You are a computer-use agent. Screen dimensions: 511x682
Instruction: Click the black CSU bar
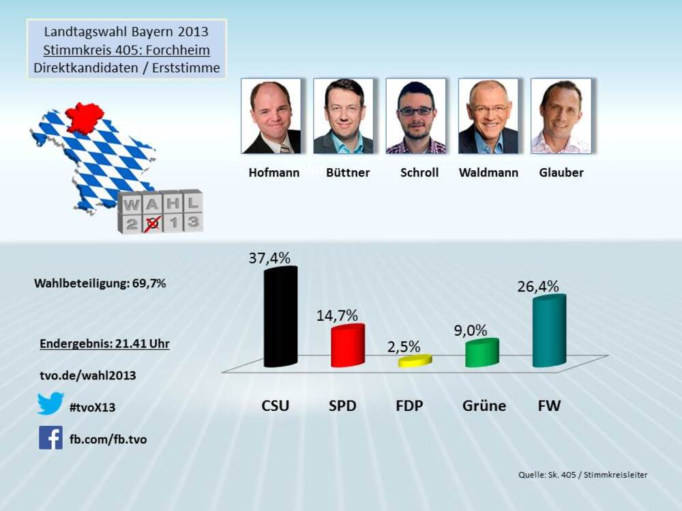(280, 317)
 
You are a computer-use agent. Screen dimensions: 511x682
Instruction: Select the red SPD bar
(347, 346)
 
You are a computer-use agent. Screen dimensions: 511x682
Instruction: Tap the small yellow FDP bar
(415, 361)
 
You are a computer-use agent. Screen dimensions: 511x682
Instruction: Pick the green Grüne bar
(481, 353)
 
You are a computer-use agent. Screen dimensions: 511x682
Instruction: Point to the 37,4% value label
(269, 258)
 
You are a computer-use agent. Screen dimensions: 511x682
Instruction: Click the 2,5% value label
(404, 347)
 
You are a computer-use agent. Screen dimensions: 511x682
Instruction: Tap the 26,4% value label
(539, 286)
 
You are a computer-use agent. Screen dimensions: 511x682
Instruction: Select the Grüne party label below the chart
(484, 406)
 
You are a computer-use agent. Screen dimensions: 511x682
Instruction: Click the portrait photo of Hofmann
(271, 116)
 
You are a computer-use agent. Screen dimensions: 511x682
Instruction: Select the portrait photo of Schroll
(416, 116)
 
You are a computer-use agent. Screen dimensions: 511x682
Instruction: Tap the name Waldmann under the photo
(488, 172)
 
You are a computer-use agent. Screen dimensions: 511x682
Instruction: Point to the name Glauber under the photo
(561, 172)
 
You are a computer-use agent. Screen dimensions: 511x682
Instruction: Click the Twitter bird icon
(50, 403)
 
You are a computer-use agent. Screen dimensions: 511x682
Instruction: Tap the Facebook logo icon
(50, 437)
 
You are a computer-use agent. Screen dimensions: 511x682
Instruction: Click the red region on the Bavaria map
(85, 118)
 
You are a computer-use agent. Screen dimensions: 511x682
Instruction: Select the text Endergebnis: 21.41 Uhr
(104, 344)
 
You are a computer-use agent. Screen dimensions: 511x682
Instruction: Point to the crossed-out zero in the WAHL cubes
(153, 222)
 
